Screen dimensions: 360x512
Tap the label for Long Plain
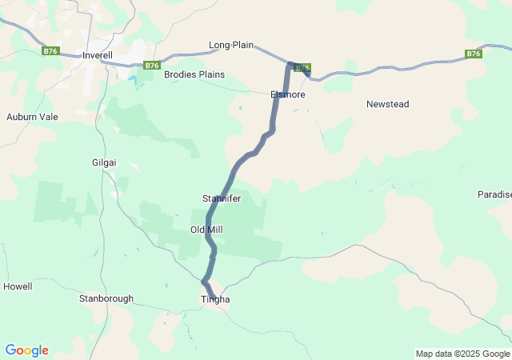231,45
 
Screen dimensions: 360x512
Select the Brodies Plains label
194,74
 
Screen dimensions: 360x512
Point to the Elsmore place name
287,94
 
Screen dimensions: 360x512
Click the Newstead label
388,104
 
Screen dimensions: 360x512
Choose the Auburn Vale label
32,116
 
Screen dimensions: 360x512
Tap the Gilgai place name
104,162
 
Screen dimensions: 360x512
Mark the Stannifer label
222,198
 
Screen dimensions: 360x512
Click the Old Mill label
206,230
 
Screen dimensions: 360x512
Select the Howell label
18,286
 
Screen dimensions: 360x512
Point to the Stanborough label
106,298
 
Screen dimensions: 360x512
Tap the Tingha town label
214,299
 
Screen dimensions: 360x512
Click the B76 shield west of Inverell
51,50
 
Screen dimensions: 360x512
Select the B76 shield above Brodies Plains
152,66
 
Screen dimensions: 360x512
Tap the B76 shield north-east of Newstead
474,54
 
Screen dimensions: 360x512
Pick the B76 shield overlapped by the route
302,68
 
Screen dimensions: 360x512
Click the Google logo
26,350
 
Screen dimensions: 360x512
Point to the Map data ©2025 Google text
462,354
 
